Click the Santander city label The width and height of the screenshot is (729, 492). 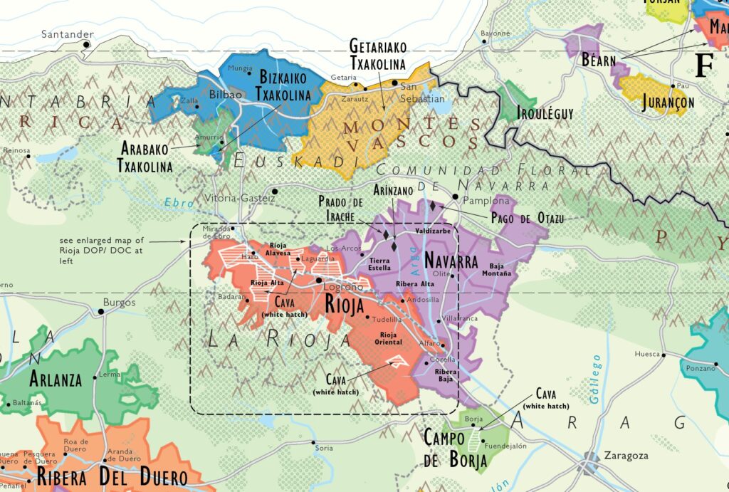(68, 34)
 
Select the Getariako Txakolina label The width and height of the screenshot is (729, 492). (377, 55)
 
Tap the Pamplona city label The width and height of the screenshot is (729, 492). (482, 201)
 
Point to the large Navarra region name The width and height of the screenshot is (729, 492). (451, 261)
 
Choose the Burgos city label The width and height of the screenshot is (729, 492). (119, 302)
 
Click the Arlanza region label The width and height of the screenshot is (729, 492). (56, 380)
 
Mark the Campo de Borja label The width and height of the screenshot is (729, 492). (456, 449)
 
